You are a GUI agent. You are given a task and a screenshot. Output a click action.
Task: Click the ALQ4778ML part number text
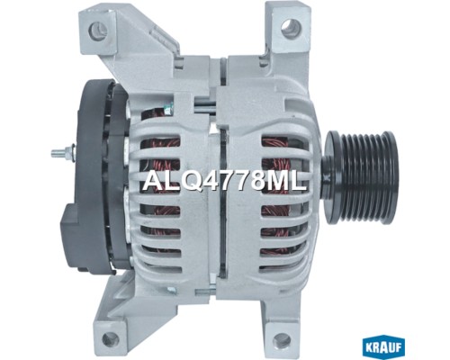tap(225, 181)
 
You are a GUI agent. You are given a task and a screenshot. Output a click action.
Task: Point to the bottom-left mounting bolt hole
tap(109, 338)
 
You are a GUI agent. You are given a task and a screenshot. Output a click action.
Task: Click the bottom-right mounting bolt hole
tap(283, 339)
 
